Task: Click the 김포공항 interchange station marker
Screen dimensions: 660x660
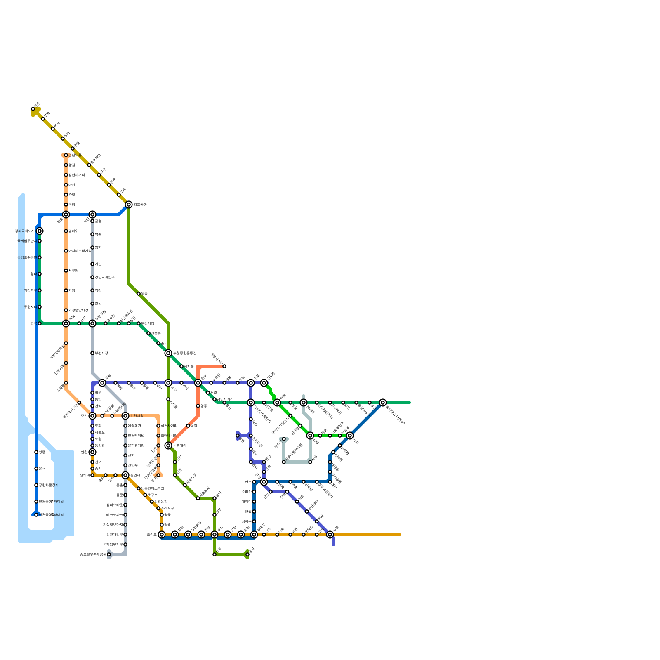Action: point(129,205)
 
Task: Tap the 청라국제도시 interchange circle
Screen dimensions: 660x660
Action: point(40,231)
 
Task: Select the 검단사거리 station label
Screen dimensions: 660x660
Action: point(76,175)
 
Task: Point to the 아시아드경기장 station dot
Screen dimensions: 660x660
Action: point(66,251)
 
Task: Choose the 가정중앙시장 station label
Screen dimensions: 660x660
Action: point(78,310)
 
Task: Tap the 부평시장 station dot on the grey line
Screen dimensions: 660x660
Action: point(92,353)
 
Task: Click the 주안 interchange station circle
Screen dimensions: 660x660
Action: point(92,416)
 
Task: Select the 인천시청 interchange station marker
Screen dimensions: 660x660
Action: point(125,416)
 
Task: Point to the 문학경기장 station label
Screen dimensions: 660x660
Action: point(136,445)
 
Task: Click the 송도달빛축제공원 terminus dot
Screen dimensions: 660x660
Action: point(109,554)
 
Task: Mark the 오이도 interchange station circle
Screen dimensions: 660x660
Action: point(162,535)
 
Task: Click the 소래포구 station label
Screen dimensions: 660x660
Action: point(168,508)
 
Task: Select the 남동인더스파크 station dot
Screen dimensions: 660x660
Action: point(139,488)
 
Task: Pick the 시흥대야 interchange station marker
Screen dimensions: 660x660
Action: point(168,445)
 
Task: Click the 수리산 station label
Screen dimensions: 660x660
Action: point(247,492)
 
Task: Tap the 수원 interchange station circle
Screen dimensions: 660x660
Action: point(330,535)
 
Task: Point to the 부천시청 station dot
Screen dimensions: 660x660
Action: point(139,323)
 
